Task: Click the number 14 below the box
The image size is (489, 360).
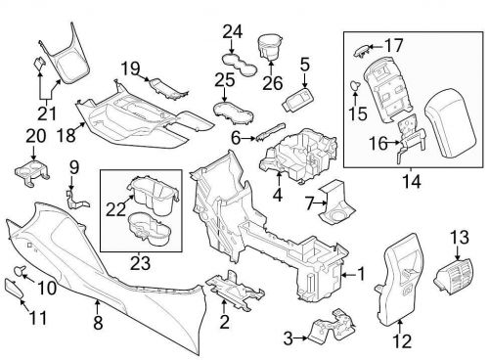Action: point(411,180)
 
